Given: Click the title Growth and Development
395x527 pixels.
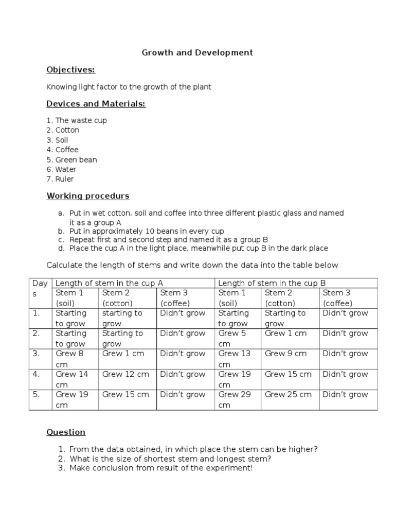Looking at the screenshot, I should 197,52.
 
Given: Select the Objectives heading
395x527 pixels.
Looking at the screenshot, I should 71,70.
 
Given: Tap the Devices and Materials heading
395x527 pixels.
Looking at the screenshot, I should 96,104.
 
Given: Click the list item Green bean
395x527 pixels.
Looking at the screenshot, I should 76,160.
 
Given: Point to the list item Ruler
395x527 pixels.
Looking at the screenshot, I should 64,179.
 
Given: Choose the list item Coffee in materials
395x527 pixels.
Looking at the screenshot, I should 67,150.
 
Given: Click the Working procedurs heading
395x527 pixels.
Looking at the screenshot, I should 88,196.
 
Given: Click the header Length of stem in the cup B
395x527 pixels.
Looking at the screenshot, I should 272,283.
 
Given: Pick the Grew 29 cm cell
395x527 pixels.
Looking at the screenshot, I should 232,399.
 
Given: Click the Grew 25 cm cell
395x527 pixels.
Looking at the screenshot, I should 288,395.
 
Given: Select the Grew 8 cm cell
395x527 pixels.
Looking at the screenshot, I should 69,359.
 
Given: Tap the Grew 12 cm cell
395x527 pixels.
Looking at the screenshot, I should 125,374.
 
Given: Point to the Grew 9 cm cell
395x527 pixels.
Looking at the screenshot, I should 285,354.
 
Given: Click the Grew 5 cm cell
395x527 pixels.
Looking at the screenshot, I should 232,338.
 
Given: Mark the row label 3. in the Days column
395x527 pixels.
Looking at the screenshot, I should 37,354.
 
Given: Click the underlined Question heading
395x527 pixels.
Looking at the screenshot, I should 66,432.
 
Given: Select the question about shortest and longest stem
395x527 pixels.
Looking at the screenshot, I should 170,459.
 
